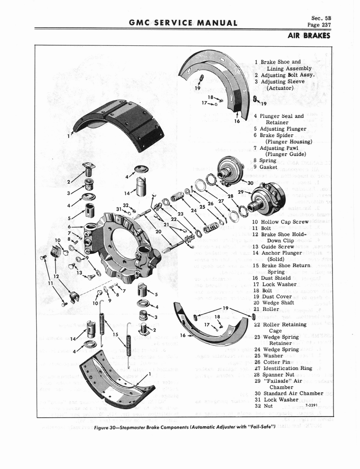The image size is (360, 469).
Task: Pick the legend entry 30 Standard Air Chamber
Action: pyautogui.click(x=288, y=393)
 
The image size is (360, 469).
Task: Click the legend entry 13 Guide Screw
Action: pyautogui.click(x=277, y=246)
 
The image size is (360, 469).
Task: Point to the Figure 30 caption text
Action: pyautogui.click(x=184, y=427)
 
